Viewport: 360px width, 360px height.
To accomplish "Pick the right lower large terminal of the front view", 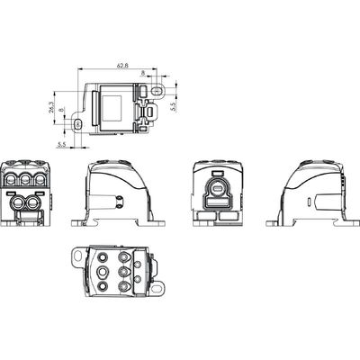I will [x=36, y=204].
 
